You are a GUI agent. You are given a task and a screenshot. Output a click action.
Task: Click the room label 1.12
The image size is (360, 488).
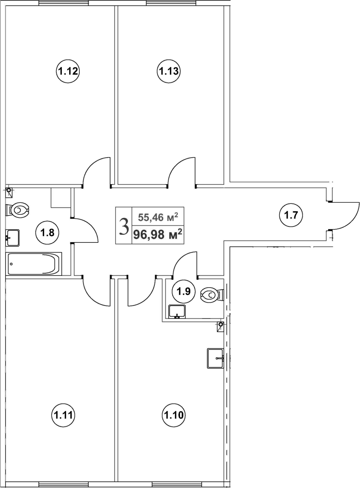(x=68, y=71)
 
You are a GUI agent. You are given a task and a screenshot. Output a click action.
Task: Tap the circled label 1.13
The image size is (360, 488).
(x=168, y=71)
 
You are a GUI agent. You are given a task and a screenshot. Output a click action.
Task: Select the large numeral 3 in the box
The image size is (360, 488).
(x=124, y=226)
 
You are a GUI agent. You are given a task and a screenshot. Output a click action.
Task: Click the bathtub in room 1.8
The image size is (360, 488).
(x=34, y=263)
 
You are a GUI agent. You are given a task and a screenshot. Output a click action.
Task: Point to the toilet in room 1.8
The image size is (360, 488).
(x=18, y=210)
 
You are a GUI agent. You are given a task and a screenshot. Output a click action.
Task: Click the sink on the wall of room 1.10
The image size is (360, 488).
(x=215, y=358)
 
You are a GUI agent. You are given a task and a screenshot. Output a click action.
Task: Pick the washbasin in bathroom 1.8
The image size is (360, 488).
(x=13, y=237)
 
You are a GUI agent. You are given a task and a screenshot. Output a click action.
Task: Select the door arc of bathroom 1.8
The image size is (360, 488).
(x=86, y=230)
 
